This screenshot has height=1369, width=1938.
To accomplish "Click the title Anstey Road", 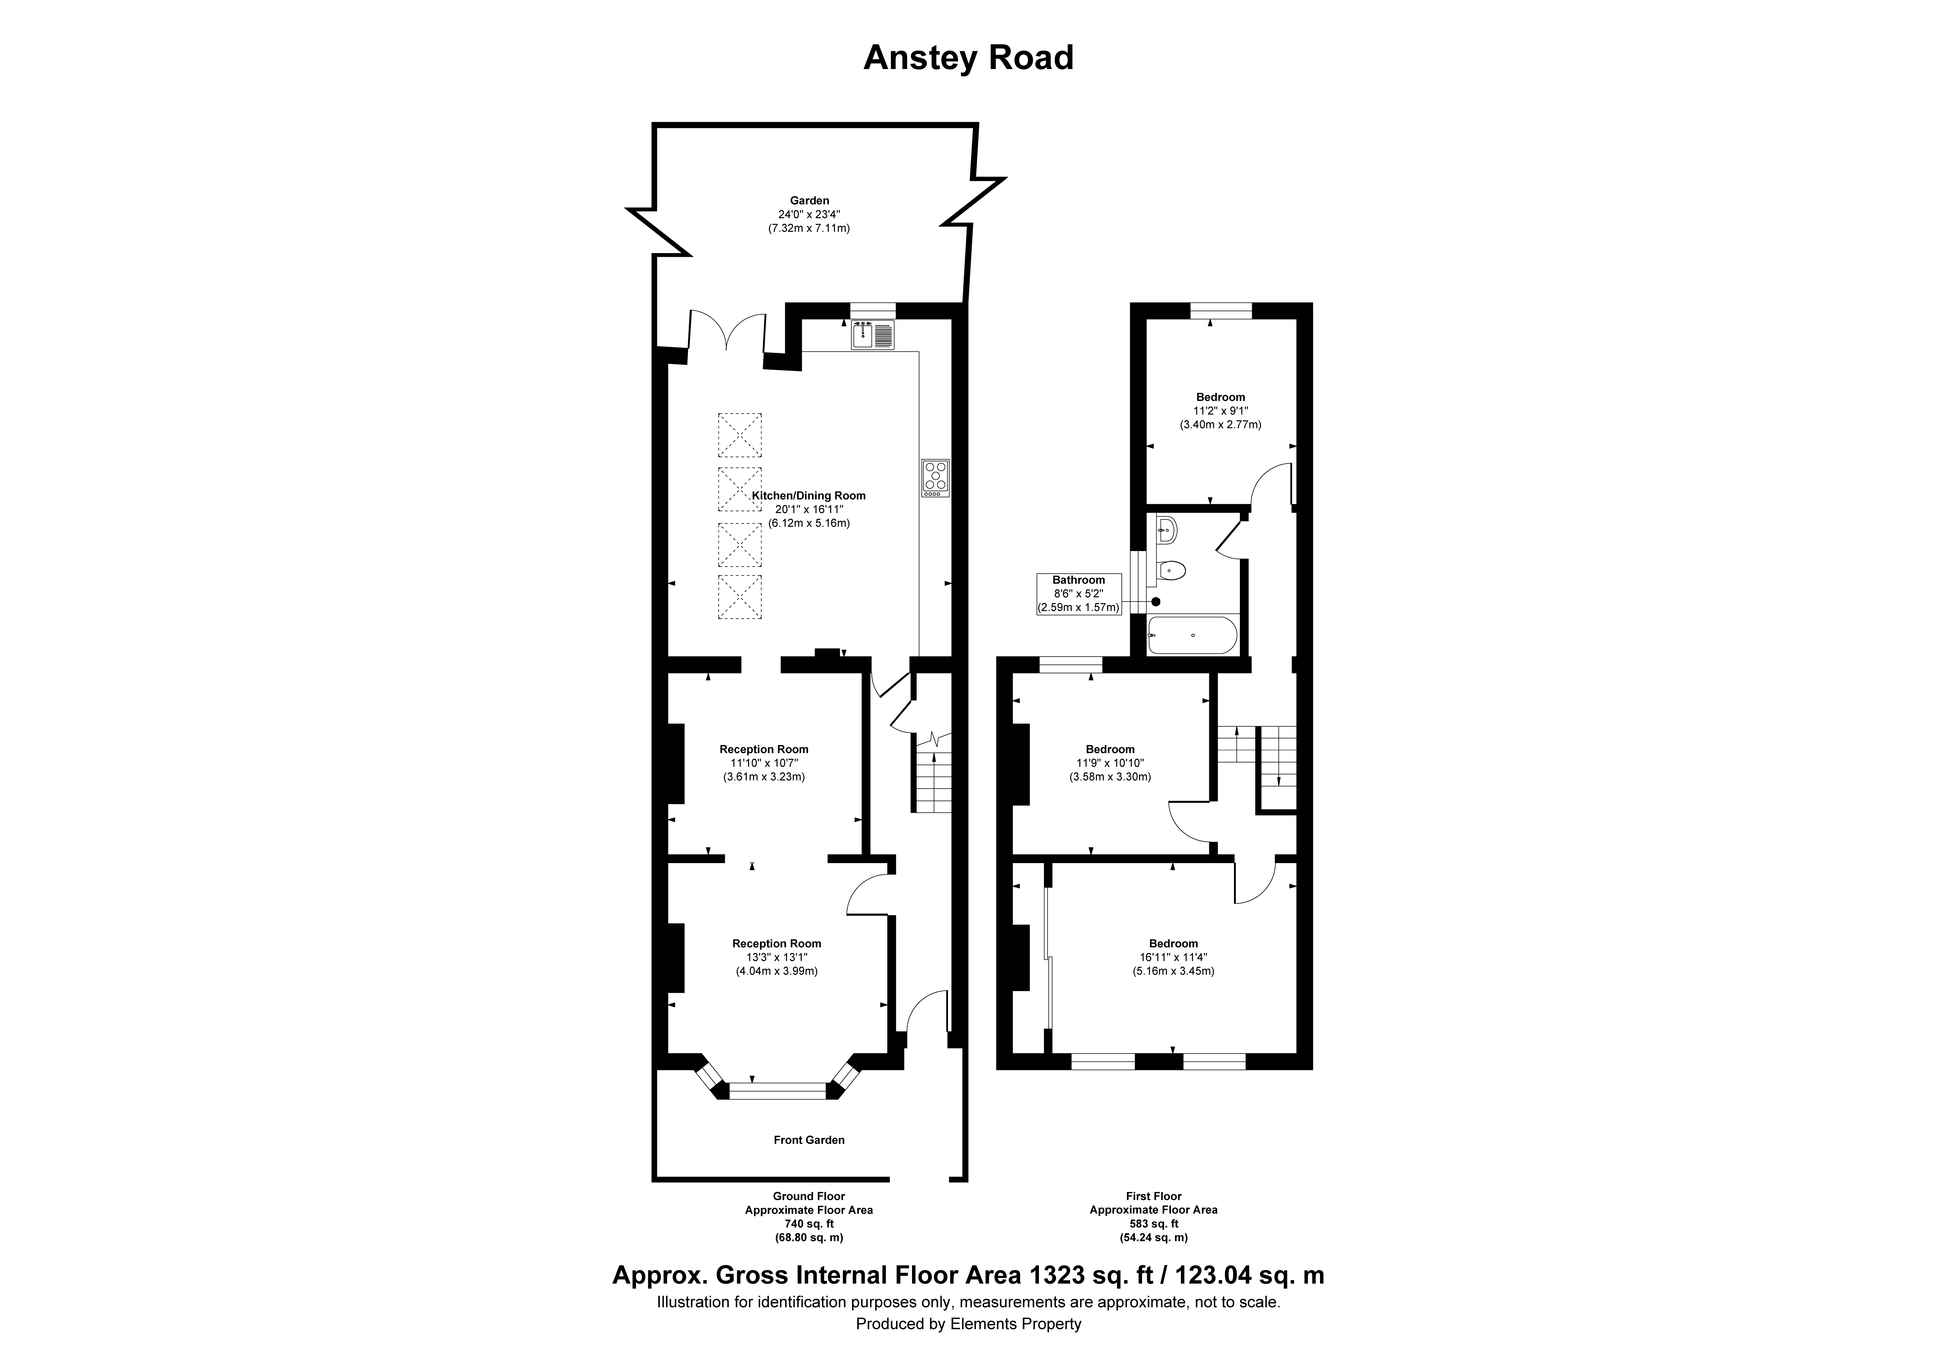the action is pos(968,58).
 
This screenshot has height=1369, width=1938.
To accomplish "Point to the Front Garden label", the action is pos(809,1139).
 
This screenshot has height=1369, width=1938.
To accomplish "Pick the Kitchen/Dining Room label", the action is pos(809,496).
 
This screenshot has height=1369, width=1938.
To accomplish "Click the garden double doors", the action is pos(728,332).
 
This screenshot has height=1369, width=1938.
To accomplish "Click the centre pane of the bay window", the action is pos(777,1091).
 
